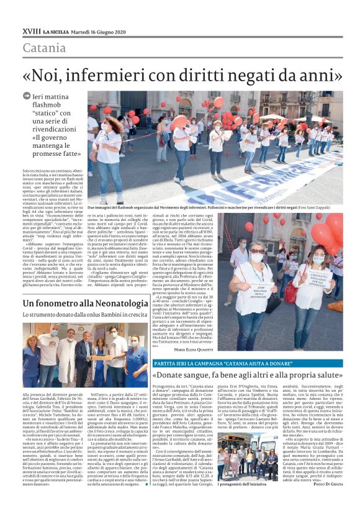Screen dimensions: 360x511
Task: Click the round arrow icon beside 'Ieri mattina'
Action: point(27,96)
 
